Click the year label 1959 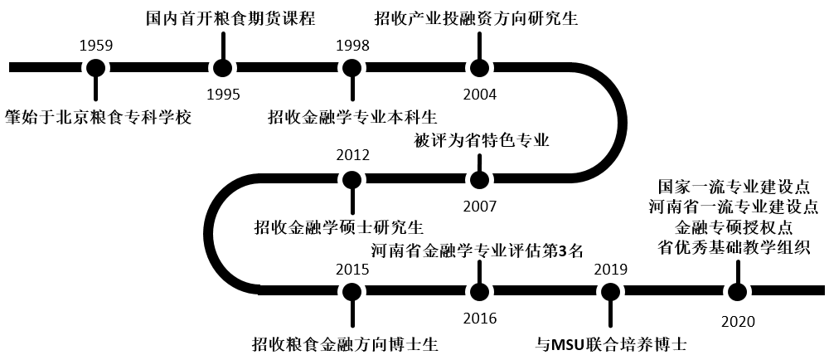pyautogui.click(x=96, y=46)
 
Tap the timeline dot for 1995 pyautogui.click(x=223, y=68)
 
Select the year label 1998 pyautogui.click(x=352, y=46)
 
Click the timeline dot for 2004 pyautogui.click(x=479, y=68)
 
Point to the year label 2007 pyautogui.click(x=480, y=205)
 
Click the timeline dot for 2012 pyautogui.click(x=352, y=179)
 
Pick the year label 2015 pyautogui.click(x=352, y=269)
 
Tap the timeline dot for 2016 pyautogui.click(x=479, y=291)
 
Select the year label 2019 pyautogui.click(x=611, y=269)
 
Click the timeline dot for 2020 pyautogui.click(x=737, y=291)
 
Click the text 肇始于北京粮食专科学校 pyautogui.click(x=98, y=116)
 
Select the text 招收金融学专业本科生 pyautogui.click(x=352, y=116)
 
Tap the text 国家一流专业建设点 pyautogui.click(x=734, y=186)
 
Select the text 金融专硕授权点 pyautogui.click(x=734, y=226)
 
